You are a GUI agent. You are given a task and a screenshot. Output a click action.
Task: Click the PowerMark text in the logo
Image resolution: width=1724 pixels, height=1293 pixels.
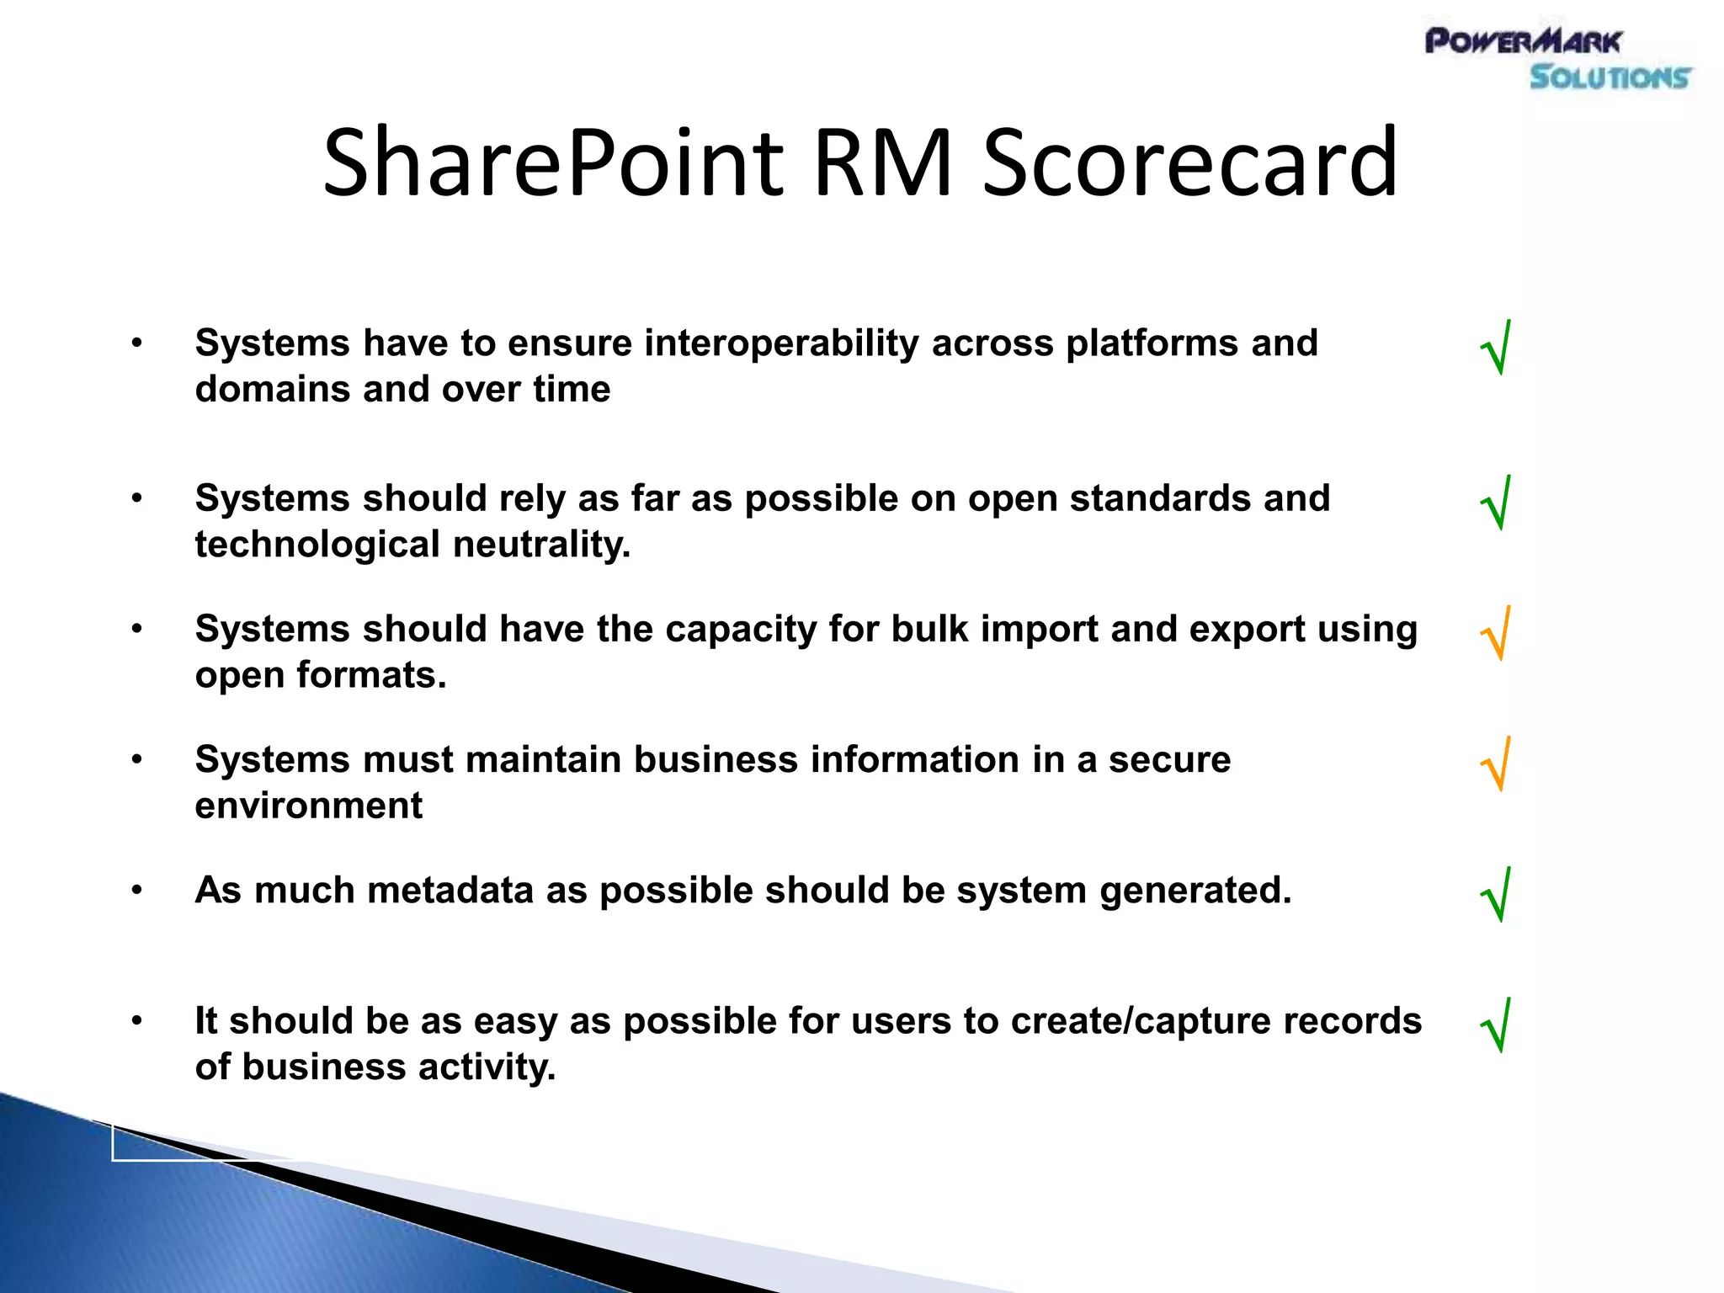(1523, 40)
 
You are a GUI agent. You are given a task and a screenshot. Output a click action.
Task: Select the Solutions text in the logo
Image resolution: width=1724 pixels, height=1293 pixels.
(1609, 77)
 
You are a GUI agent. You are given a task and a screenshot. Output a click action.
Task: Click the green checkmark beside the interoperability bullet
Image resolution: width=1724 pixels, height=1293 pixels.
(1496, 348)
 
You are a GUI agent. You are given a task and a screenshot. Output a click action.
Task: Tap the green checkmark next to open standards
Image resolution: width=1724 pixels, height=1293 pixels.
(1496, 503)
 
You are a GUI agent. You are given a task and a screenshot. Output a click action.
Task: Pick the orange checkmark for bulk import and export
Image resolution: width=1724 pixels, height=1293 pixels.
(1496, 634)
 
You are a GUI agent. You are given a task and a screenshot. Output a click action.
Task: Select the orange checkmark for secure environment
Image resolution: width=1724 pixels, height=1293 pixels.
(1496, 764)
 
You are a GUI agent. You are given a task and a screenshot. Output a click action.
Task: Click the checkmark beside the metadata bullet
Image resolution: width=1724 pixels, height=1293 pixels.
(1496, 895)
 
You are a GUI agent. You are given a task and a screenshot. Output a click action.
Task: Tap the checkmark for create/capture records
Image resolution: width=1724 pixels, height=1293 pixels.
(1496, 1025)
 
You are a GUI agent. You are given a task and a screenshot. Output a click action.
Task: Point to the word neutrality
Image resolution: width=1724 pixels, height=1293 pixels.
(541, 545)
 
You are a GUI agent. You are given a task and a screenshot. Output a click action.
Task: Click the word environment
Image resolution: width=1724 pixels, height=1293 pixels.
(308, 806)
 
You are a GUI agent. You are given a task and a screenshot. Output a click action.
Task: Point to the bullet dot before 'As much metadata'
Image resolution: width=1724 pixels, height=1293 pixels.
(136, 890)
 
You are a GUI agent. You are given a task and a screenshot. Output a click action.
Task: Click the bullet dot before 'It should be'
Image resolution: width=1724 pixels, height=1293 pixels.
(136, 1020)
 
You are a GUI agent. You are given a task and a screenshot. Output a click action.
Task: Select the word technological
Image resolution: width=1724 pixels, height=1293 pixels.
(317, 545)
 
